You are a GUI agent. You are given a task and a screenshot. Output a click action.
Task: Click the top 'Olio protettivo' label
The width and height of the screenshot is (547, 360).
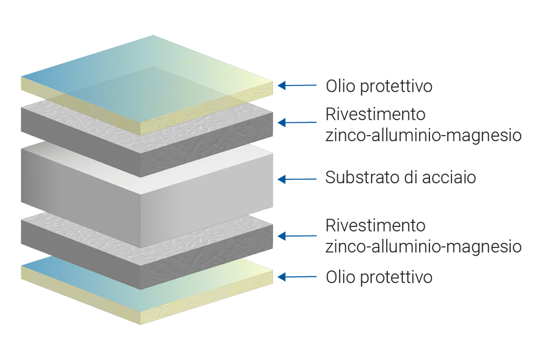[379, 85]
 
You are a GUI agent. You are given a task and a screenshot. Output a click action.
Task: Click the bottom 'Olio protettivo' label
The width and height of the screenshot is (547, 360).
[379, 277]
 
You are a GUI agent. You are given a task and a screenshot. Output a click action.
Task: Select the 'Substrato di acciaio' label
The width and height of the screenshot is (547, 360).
[400, 177]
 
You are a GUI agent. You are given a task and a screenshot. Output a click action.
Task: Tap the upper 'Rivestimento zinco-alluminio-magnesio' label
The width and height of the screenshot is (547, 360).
[423, 125]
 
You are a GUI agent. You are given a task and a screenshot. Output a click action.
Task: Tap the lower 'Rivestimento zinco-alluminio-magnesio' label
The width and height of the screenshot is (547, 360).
[423, 236]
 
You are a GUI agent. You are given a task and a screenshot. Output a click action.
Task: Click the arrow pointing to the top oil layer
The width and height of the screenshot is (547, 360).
[297, 85]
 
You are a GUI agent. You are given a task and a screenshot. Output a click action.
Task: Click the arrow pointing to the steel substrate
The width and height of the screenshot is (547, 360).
[297, 179]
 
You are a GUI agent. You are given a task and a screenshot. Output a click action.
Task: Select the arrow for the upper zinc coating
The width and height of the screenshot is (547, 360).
[297, 122]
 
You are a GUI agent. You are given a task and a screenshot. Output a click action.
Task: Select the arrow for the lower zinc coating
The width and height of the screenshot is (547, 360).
[297, 236]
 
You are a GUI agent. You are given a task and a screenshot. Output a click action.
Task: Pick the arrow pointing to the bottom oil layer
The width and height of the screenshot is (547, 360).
[297, 277]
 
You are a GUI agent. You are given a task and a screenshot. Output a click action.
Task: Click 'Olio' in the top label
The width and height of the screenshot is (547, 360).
[341, 85]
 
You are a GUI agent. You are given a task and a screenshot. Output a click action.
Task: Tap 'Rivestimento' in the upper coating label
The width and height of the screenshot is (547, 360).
[375, 115]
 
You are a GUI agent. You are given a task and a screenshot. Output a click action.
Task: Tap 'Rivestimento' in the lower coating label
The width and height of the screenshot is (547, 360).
[375, 225]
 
